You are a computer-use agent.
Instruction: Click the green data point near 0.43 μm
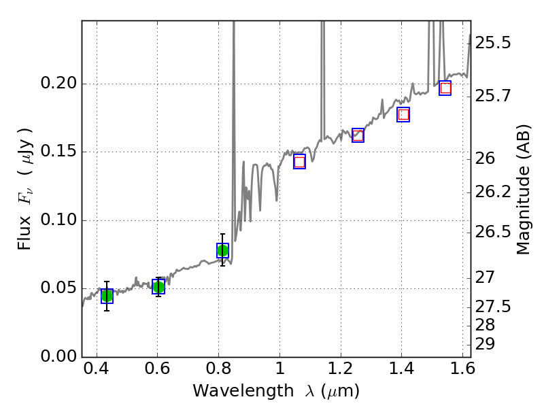pyautogui.click(x=107, y=296)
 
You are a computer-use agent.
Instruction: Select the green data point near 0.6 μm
pyautogui.click(x=158, y=287)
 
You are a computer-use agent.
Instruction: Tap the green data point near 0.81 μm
pyautogui.click(x=222, y=251)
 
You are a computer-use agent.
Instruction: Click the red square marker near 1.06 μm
pyautogui.click(x=299, y=162)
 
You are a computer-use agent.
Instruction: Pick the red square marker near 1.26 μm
pyautogui.click(x=358, y=135)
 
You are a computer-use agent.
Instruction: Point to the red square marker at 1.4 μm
pyautogui.click(x=403, y=115)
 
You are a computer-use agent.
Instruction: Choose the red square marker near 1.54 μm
pyautogui.click(x=445, y=88)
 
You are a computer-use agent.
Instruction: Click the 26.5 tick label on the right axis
pyautogui.click(x=494, y=233)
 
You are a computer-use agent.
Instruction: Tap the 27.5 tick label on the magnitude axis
pyautogui.click(x=494, y=307)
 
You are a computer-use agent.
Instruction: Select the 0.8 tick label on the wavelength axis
pyautogui.click(x=218, y=372)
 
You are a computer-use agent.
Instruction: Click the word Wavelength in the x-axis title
pyautogui.click(x=230, y=391)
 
